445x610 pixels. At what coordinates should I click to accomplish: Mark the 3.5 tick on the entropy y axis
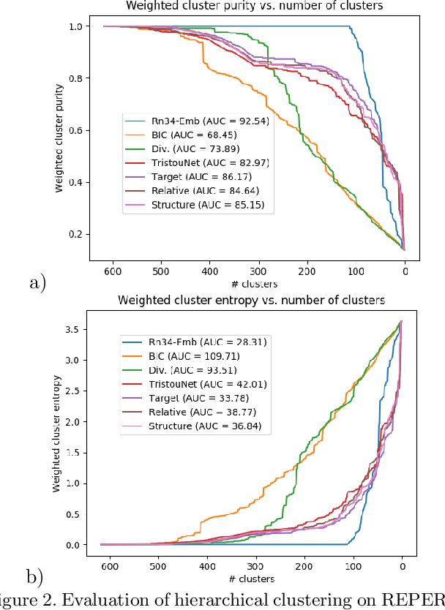coord(73,330)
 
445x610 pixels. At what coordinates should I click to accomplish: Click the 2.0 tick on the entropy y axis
coord(73,422)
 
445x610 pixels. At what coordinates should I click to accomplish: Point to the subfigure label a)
coord(37,282)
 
